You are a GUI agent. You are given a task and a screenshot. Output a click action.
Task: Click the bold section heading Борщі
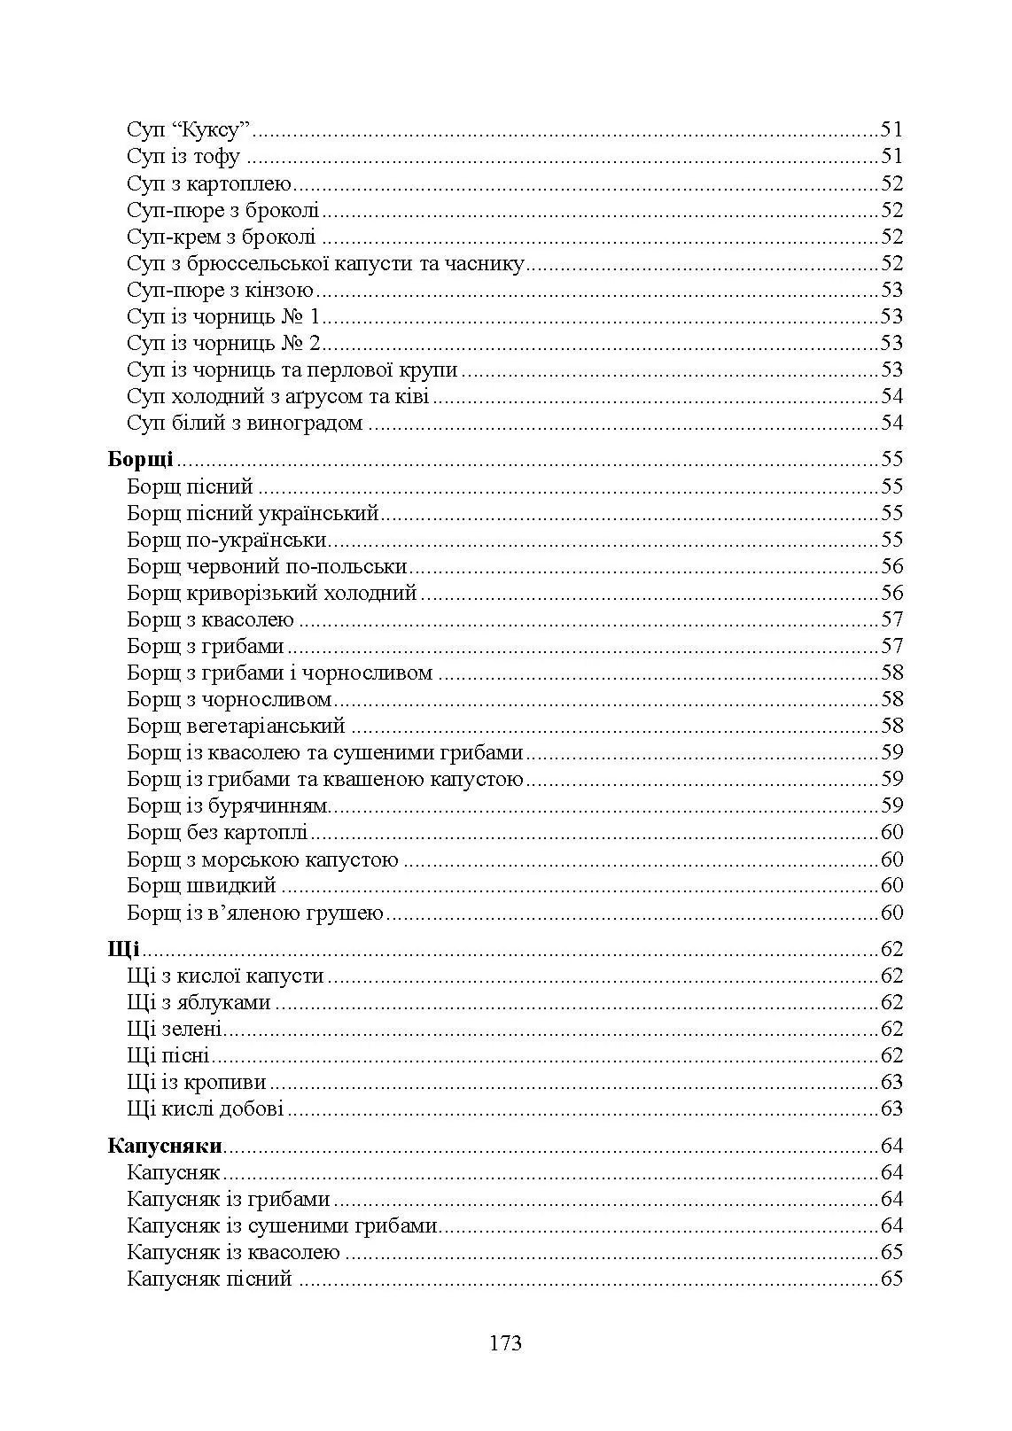(140, 459)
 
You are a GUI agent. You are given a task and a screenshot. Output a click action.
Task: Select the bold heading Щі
(123, 949)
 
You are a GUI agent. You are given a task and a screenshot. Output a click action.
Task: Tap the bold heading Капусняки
(165, 1146)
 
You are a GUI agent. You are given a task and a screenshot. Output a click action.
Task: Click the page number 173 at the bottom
(505, 1342)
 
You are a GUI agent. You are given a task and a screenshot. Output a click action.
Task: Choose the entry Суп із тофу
(183, 157)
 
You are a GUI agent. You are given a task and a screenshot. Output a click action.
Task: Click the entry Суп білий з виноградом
(245, 423)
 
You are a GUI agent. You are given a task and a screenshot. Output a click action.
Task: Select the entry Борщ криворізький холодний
(271, 593)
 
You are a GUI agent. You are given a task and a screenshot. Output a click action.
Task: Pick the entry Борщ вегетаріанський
(236, 726)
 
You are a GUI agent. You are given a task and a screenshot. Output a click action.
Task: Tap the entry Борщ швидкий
(201, 885)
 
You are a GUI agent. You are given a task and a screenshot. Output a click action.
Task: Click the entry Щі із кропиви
(197, 1082)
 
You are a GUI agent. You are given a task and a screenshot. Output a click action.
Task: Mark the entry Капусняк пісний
(209, 1279)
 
